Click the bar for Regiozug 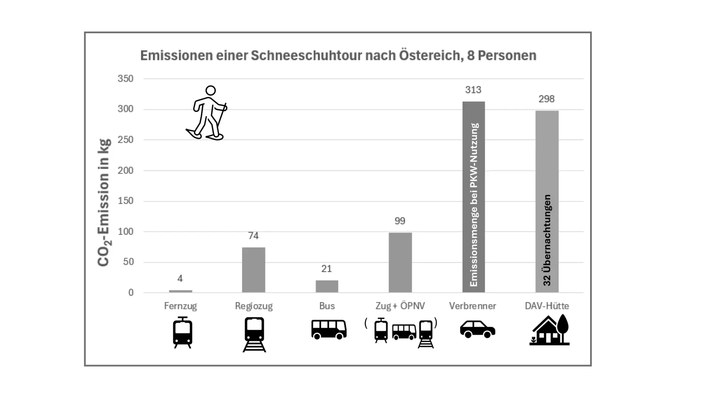point(253,270)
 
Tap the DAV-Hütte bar point(547,155)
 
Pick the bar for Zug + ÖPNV point(400,262)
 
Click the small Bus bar point(327,286)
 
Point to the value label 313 point(473,90)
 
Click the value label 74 point(253,236)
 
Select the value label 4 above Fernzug point(180,279)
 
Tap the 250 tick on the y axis point(125,140)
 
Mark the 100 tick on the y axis point(125,232)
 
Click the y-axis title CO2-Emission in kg point(104,202)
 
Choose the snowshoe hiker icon point(207,113)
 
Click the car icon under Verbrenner point(477,329)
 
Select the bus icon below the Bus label point(329,329)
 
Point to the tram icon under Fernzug point(183,332)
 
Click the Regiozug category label point(254,306)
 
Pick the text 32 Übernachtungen point(547,240)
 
